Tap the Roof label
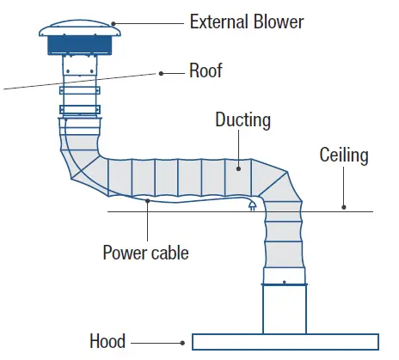[x=206, y=71]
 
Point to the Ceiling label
[x=344, y=156]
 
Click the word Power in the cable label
[x=125, y=253]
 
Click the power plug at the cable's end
[x=251, y=206]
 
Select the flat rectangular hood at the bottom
[x=284, y=341]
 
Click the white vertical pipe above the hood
[x=284, y=309]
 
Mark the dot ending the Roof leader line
[x=161, y=74]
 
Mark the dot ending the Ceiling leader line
[x=344, y=207]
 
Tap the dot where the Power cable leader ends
[x=148, y=202]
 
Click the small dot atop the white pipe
[x=284, y=282]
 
